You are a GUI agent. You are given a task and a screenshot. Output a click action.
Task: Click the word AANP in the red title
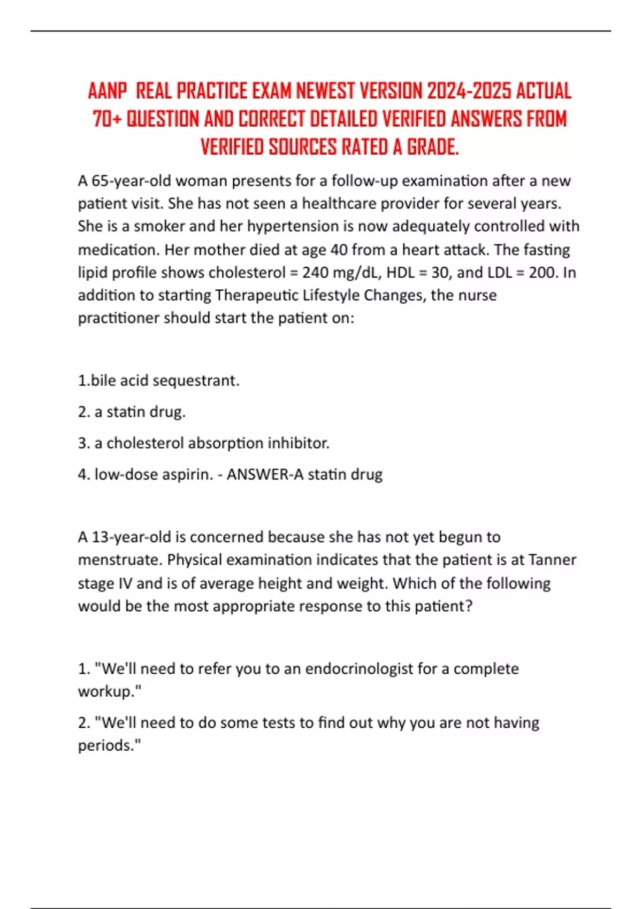pyautogui.click(x=108, y=91)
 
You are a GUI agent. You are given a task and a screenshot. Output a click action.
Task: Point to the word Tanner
pyautogui.click(x=552, y=560)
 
